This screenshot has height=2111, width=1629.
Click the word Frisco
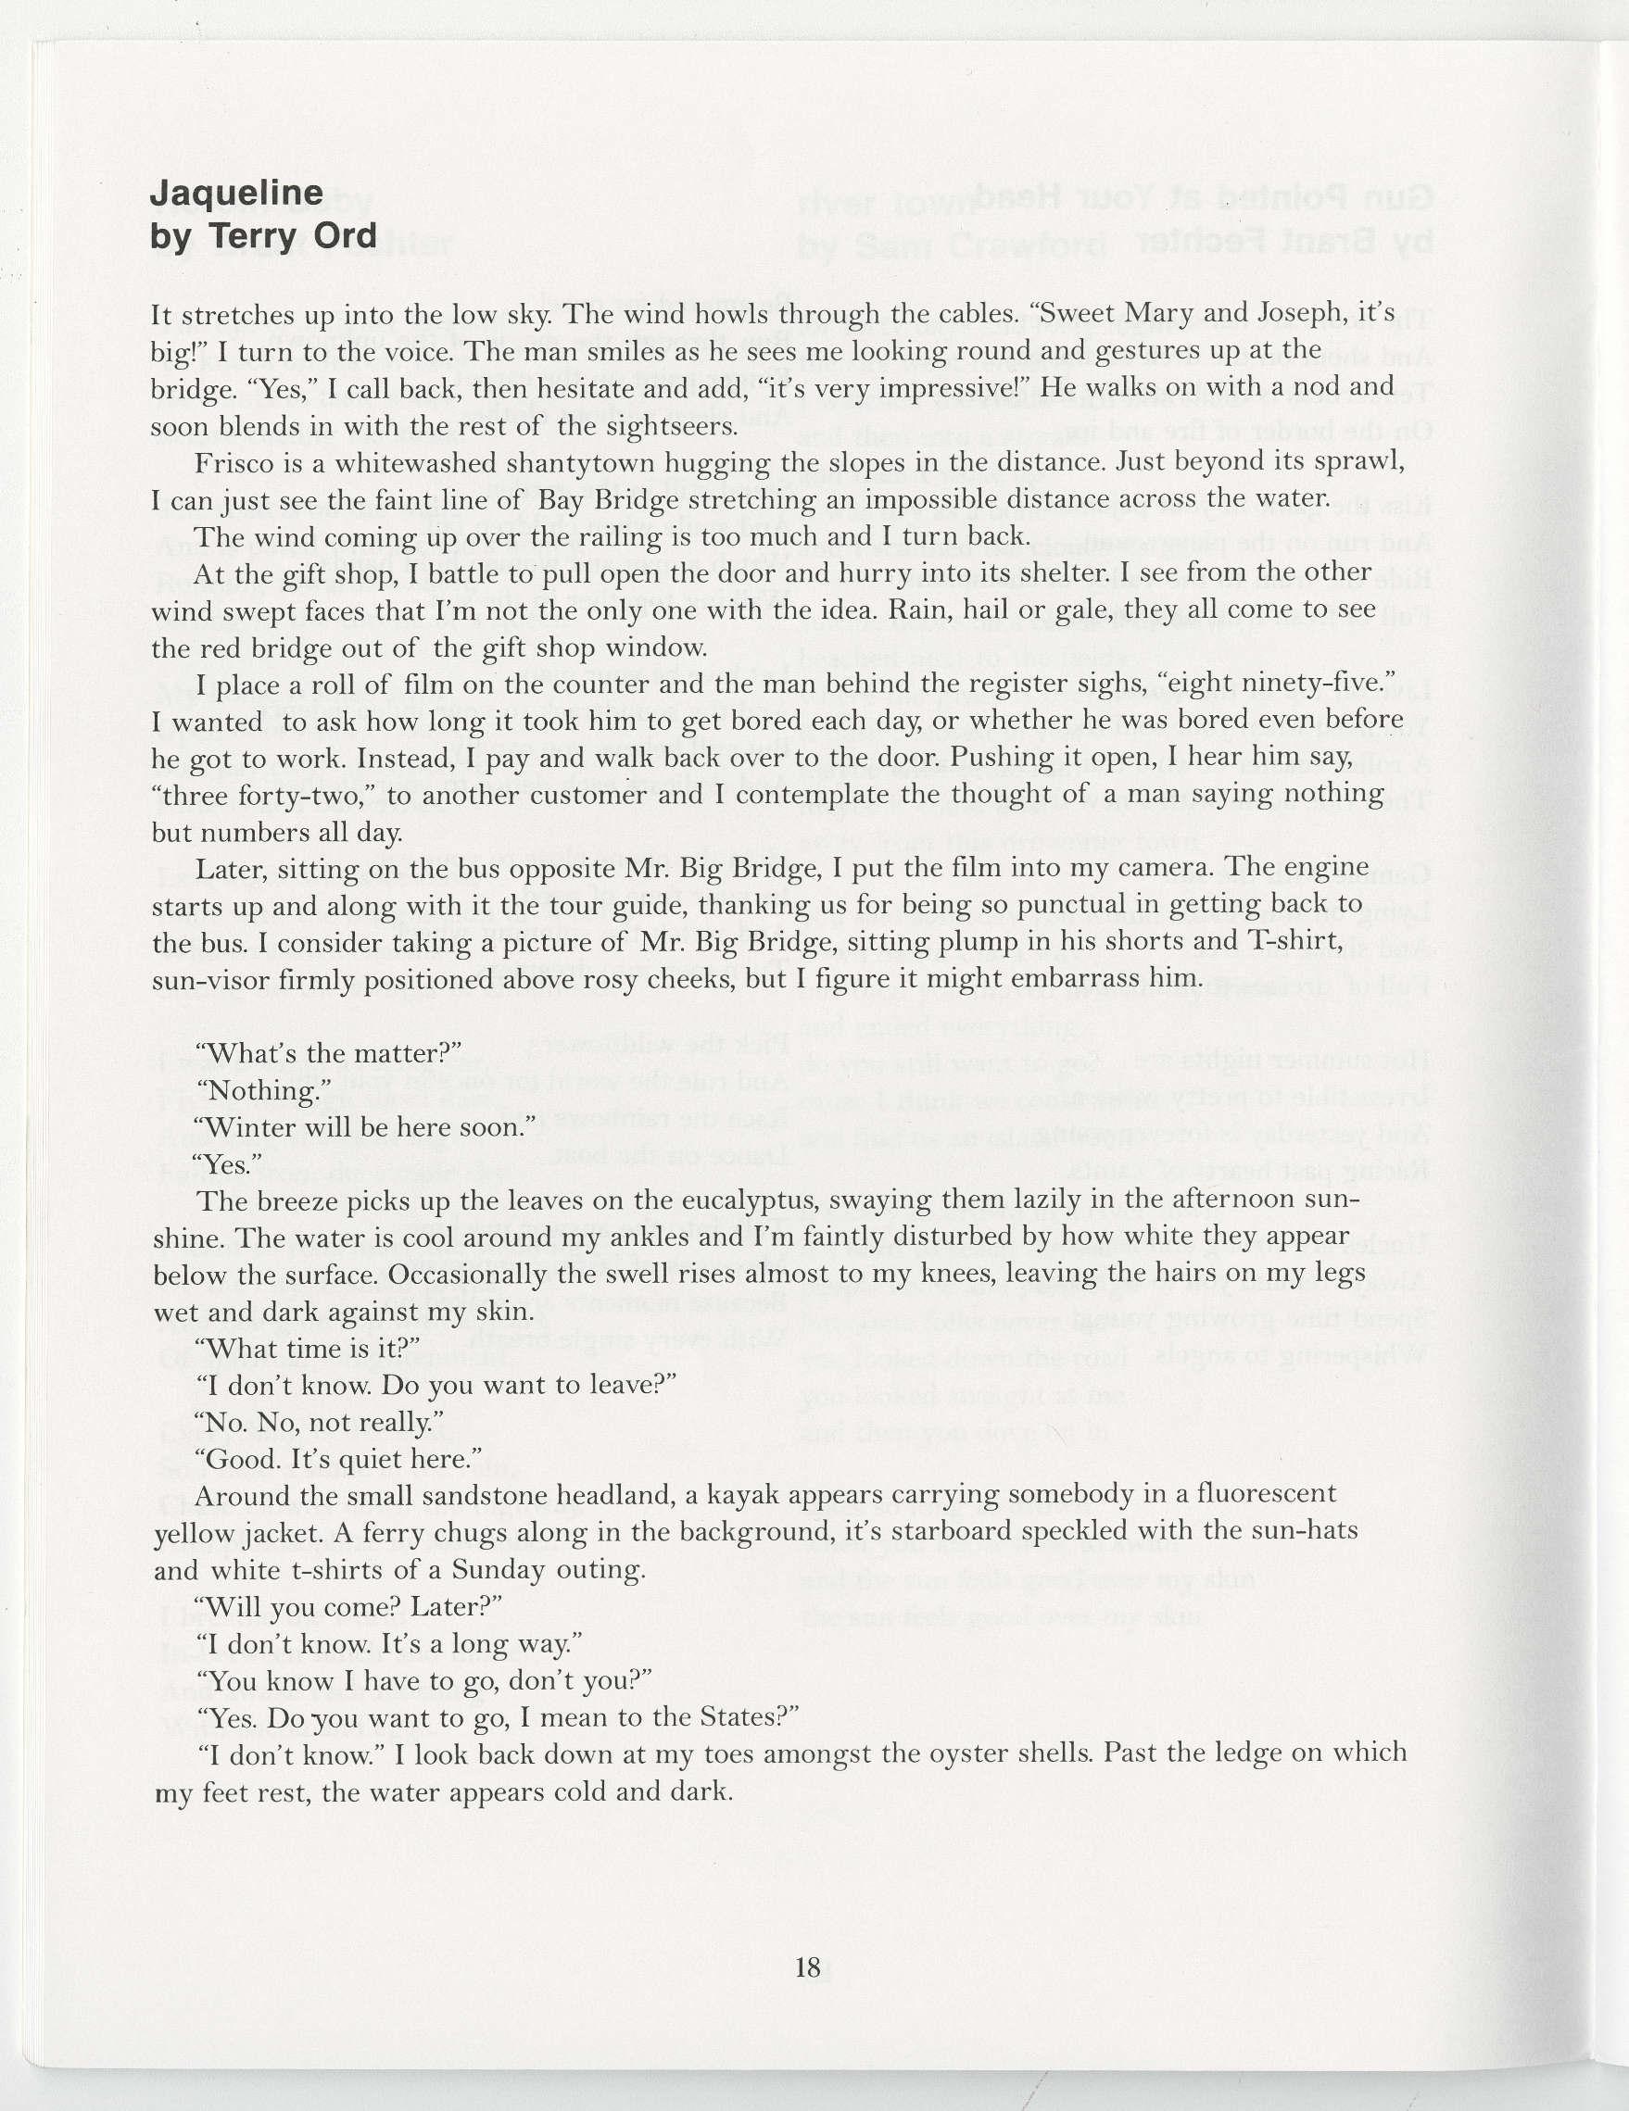click(x=228, y=464)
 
